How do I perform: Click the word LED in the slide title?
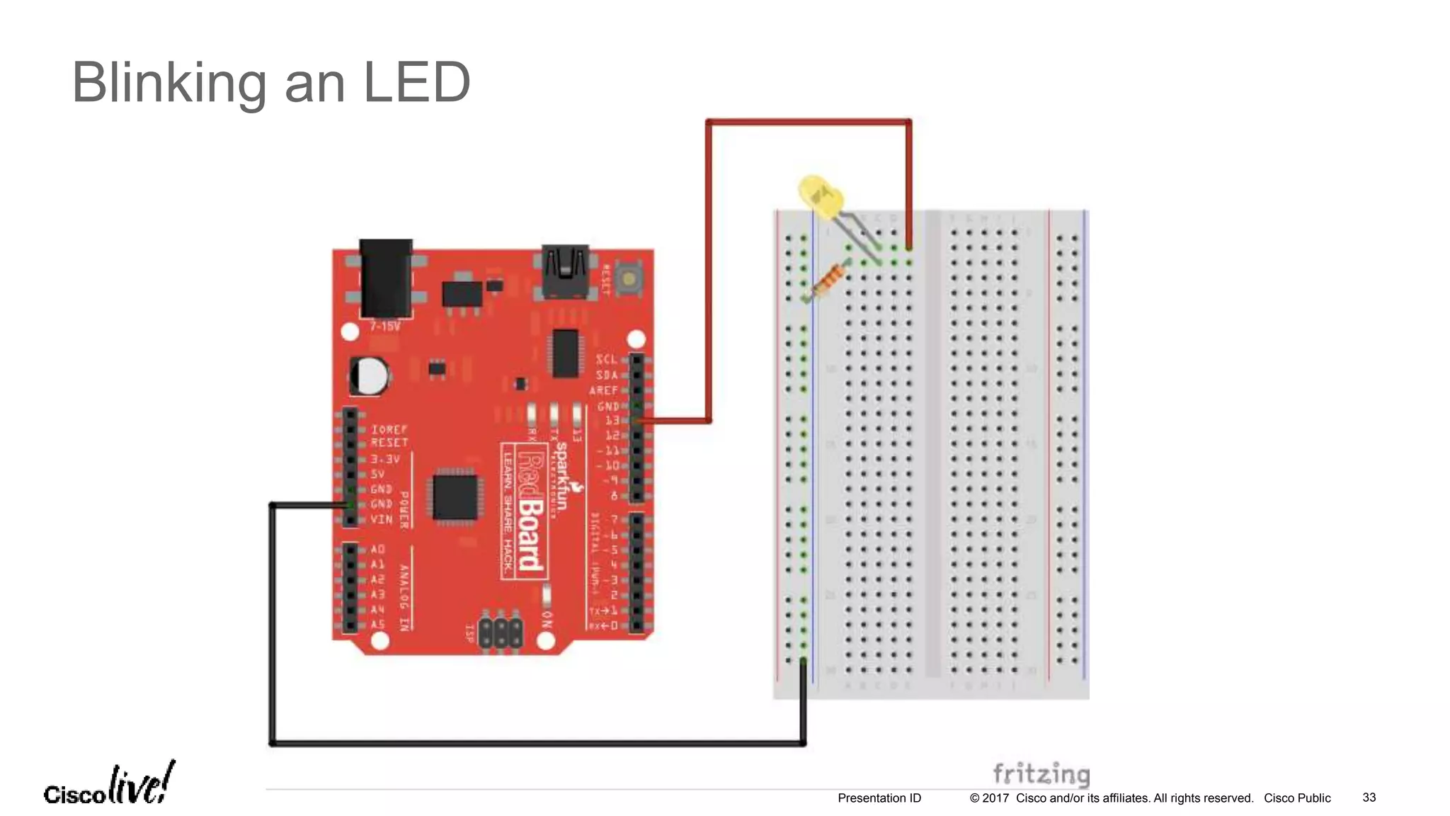click(416, 83)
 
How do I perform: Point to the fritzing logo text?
click(1040, 773)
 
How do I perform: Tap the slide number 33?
click(1369, 798)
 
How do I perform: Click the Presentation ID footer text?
click(879, 798)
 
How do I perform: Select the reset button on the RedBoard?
click(628, 278)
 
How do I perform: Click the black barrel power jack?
click(386, 278)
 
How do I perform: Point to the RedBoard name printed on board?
click(530, 510)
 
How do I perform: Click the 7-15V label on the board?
click(385, 327)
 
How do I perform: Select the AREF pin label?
click(604, 390)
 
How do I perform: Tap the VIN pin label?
click(381, 519)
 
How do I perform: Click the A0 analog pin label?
click(377, 549)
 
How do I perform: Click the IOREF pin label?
click(389, 429)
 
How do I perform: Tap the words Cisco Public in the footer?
click(1297, 798)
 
